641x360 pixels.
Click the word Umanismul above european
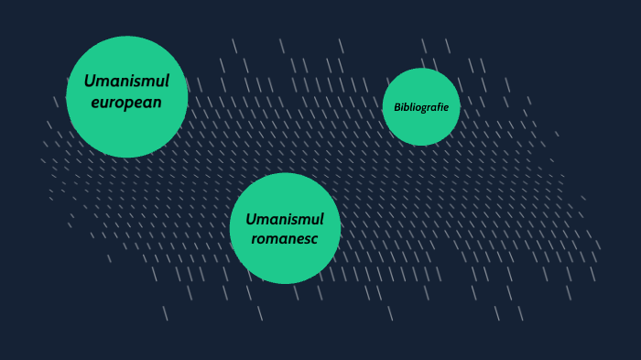pyautogui.click(x=126, y=82)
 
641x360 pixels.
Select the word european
pyautogui.click(x=126, y=102)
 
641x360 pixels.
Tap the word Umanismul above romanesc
pyautogui.click(x=285, y=219)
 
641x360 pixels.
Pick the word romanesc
pyautogui.click(x=285, y=239)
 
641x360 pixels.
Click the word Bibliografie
pyautogui.click(x=421, y=107)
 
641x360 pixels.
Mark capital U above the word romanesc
pyautogui.click(x=250, y=219)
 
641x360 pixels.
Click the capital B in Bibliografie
pyautogui.click(x=397, y=107)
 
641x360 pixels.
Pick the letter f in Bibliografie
pyautogui.click(x=439, y=107)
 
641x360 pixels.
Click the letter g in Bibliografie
pyautogui.click(x=423, y=108)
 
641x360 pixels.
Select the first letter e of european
pyautogui.click(x=95, y=103)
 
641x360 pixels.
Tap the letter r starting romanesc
pyautogui.click(x=255, y=240)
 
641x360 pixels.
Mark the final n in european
pyautogui.click(x=157, y=103)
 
